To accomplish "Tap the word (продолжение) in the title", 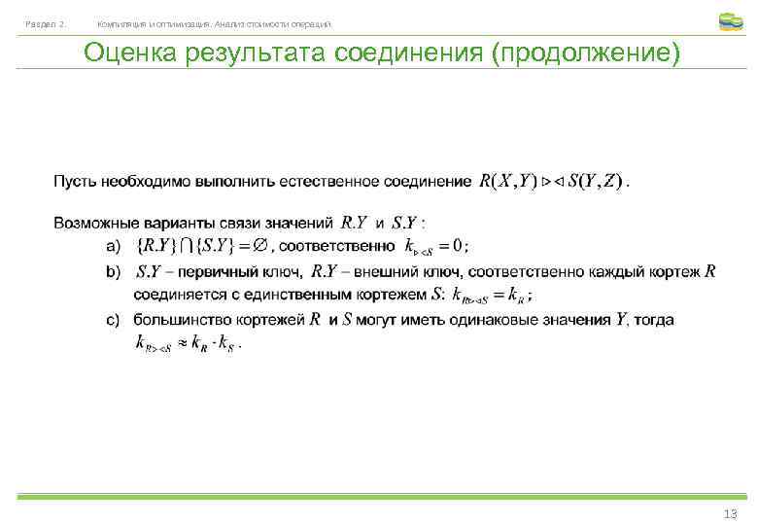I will [586, 52].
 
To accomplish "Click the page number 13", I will [730, 513].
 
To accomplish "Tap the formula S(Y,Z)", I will [596, 181].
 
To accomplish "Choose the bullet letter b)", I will [113, 271].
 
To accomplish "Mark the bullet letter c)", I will [113, 320].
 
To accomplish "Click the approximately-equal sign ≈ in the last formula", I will [181, 343].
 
